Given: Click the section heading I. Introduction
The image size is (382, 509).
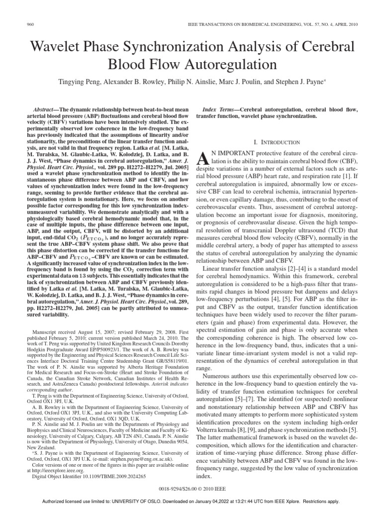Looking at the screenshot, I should tap(276, 142).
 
